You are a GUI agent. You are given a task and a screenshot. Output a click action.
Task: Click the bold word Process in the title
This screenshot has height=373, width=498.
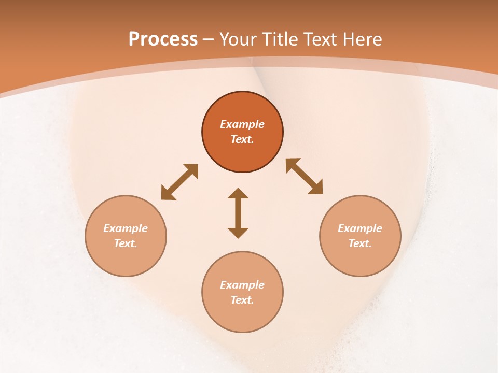pyautogui.click(x=163, y=39)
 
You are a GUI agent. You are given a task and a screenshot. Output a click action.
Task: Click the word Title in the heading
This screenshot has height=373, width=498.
pyautogui.click(x=280, y=39)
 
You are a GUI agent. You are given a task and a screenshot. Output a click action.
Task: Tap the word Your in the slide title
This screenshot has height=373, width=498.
pyautogui.click(x=240, y=39)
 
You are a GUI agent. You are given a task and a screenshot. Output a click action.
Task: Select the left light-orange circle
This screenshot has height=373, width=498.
pyautogui.click(x=126, y=259)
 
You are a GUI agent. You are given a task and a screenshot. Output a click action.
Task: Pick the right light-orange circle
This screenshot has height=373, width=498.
pyautogui.click(x=360, y=259)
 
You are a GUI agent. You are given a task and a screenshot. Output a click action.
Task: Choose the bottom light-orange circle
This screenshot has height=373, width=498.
pyautogui.click(x=242, y=316)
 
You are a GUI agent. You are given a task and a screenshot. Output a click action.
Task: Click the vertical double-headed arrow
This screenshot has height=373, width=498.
pyautogui.click(x=238, y=213)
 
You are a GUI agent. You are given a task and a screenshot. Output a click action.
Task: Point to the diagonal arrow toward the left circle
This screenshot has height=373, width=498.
pyautogui.click(x=179, y=181)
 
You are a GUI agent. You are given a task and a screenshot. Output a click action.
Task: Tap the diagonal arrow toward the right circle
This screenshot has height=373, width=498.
pyautogui.click(x=305, y=176)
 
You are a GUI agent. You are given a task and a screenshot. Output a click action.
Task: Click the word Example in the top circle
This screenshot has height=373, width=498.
pyautogui.click(x=242, y=124)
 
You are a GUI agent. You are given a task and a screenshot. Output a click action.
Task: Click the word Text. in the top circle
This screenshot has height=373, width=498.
pyautogui.click(x=242, y=139)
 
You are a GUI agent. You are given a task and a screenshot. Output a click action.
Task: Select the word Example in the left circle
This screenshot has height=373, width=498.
pyautogui.click(x=126, y=228)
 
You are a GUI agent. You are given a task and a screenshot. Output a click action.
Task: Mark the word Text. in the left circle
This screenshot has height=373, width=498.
pyautogui.click(x=126, y=243)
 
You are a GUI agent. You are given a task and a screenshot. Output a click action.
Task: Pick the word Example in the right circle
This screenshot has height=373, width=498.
pyautogui.click(x=360, y=228)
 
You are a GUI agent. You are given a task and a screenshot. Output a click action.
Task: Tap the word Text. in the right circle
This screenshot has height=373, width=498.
pyautogui.click(x=360, y=243)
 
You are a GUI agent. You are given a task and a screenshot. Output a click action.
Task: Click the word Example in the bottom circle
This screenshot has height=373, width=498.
pyautogui.click(x=242, y=285)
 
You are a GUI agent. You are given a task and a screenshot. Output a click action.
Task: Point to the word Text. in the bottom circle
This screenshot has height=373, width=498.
pyautogui.click(x=242, y=300)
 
